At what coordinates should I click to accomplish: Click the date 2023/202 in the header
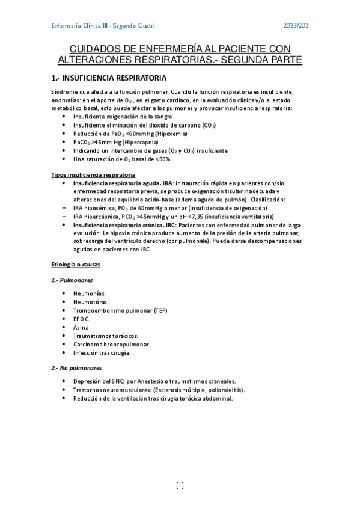coord(296,26)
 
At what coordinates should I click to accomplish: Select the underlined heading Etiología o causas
coord(76,265)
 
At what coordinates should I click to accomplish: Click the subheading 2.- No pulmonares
coord(76,367)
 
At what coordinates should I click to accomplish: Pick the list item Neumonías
coord(90,293)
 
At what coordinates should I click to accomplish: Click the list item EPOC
coord(81,319)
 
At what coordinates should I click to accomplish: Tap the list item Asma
coord(81,327)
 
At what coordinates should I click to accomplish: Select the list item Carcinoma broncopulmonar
coord(111,345)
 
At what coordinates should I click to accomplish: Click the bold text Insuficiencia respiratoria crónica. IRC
coord(124,224)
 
